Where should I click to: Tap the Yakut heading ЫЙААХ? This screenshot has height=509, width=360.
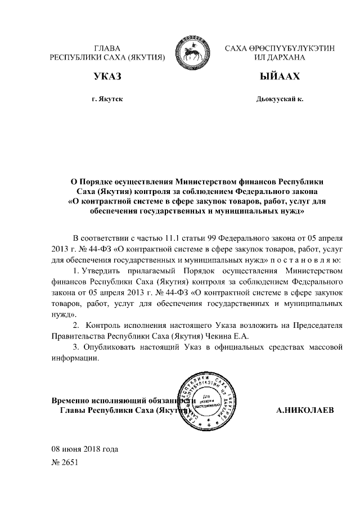[x=280, y=76]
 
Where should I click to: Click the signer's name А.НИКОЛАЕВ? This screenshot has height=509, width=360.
[x=305, y=411]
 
